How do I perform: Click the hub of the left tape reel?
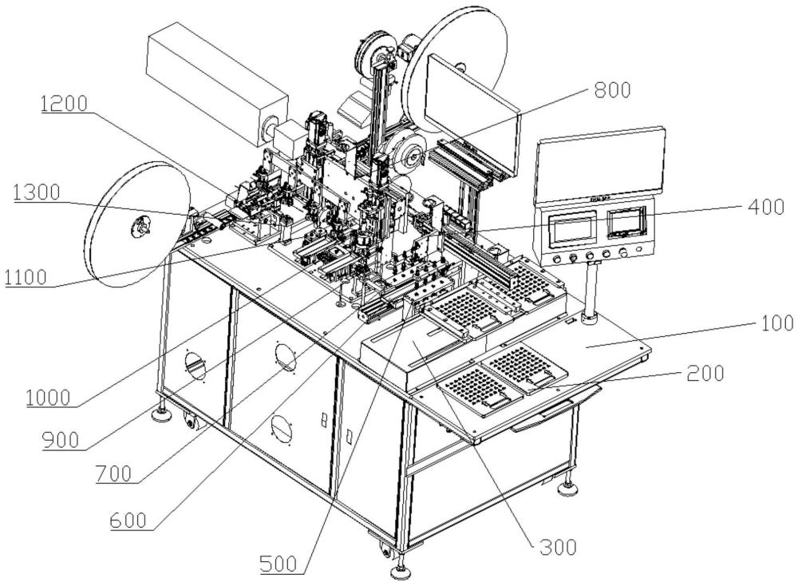(141, 229)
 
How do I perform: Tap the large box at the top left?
(215, 82)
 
